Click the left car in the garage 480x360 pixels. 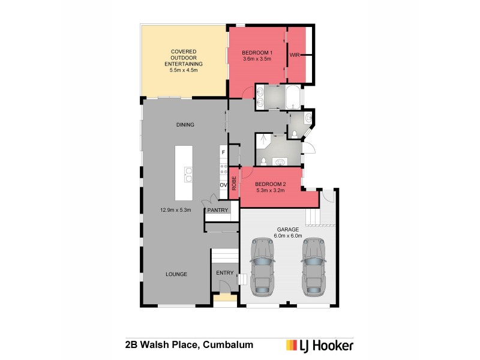click(x=262, y=266)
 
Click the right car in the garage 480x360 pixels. click(x=314, y=266)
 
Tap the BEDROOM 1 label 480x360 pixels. click(x=257, y=53)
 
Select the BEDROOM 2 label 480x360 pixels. click(x=269, y=185)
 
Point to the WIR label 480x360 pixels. click(x=295, y=55)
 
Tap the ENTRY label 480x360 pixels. click(x=224, y=273)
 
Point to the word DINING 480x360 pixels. click(x=185, y=125)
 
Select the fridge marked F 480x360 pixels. click(x=223, y=152)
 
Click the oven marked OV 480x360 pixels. click(x=223, y=185)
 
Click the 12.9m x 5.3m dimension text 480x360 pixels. click(x=176, y=210)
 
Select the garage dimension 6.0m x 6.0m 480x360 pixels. click(x=288, y=236)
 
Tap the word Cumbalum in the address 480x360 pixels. click(x=228, y=345)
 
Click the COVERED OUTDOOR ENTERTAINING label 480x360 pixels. click(x=184, y=61)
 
